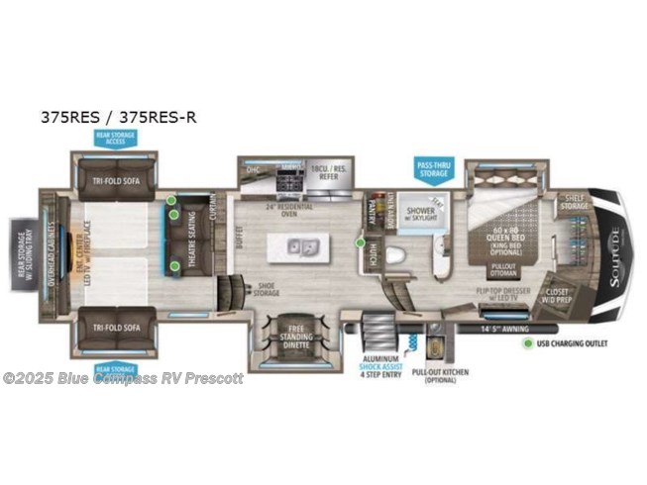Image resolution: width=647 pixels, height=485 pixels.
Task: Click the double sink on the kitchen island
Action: click(x=301, y=244)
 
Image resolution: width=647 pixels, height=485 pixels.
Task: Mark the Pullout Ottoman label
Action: click(x=506, y=268)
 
